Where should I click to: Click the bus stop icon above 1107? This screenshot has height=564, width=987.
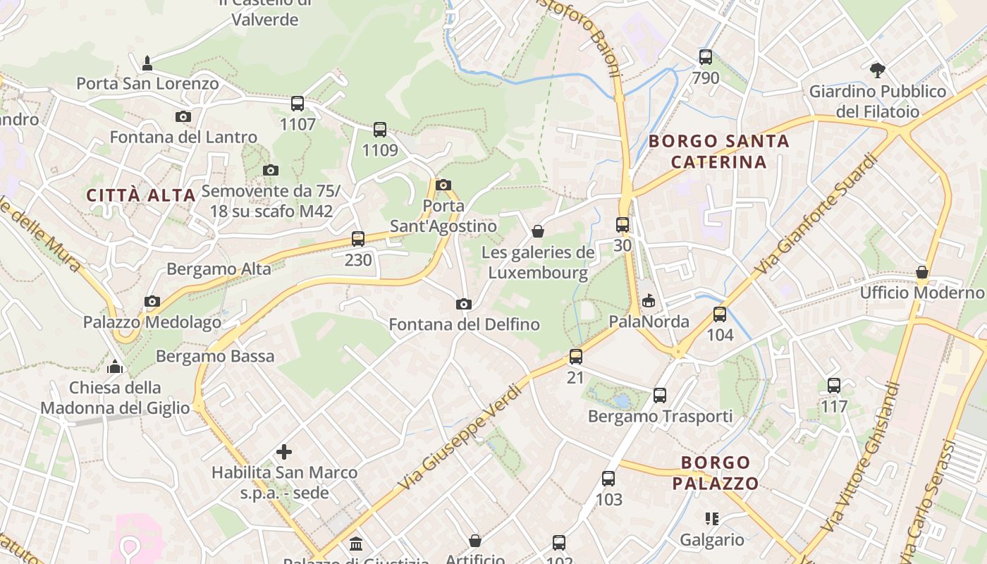(298, 104)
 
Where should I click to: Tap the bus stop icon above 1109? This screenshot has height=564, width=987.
(380, 130)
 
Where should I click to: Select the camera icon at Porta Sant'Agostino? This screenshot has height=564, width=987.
(443, 185)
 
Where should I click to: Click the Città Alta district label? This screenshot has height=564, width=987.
(141, 195)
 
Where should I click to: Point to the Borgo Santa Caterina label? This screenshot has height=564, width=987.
(718, 152)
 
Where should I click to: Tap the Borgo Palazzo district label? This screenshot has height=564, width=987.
(715, 473)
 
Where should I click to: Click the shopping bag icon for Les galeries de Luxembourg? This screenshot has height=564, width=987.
(538, 231)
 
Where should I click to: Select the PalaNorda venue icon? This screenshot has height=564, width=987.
(649, 301)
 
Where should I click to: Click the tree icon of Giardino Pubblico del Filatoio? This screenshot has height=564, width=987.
(878, 70)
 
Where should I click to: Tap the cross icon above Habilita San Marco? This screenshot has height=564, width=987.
(284, 452)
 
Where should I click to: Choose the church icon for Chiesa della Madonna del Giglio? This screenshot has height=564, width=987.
(115, 367)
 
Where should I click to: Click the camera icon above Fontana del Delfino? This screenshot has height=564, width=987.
(464, 305)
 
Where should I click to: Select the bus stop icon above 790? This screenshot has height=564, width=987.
(706, 57)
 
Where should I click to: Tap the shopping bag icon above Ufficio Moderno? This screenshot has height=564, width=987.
(921, 272)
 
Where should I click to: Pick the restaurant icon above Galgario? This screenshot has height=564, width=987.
(712, 520)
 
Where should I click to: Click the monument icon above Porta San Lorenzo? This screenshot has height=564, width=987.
(147, 63)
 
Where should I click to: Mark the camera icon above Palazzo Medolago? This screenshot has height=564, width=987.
(152, 302)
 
